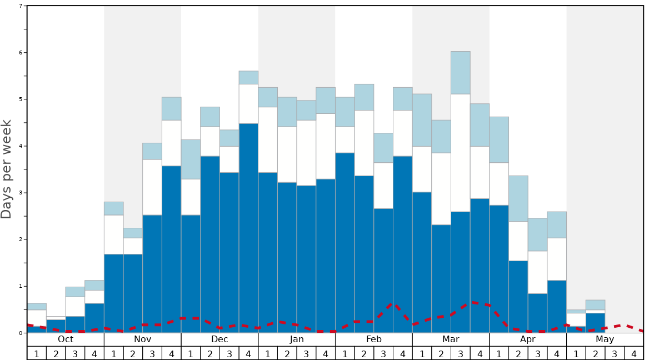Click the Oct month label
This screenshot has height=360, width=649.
pyautogui.click(x=66, y=339)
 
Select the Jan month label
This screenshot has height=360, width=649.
pyautogui.click(x=297, y=339)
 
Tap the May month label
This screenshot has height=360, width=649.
pyautogui.click(x=605, y=339)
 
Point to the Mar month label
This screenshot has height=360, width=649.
pyautogui.click(x=451, y=339)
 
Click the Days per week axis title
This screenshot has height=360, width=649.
pyautogui.click(x=7, y=169)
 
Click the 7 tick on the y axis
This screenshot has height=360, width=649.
pyautogui.click(x=21, y=6)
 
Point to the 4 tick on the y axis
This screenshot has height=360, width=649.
pyautogui.click(x=21, y=146)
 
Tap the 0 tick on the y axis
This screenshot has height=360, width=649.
pyautogui.click(x=21, y=333)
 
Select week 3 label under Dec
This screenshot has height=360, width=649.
pyautogui.click(x=229, y=353)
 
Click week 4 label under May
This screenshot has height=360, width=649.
pyautogui.click(x=633, y=353)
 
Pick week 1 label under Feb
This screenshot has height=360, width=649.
pyautogui.click(x=345, y=353)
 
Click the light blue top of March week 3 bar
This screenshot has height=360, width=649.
pyautogui.click(x=461, y=73)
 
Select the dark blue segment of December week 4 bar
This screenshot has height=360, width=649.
pyautogui.click(x=248, y=228)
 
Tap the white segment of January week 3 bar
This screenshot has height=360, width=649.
pyautogui.click(x=306, y=153)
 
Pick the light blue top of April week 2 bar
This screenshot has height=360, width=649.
pyautogui.click(x=518, y=198)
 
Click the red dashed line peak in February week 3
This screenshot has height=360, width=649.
pyautogui.click(x=393, y=304)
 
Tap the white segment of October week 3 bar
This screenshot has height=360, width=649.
pyautogui.click(x=75, y=307)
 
